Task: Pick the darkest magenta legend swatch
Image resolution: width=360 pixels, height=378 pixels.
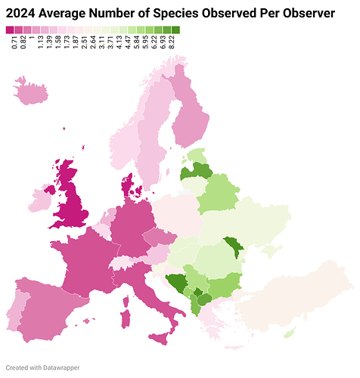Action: click(10, 29)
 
